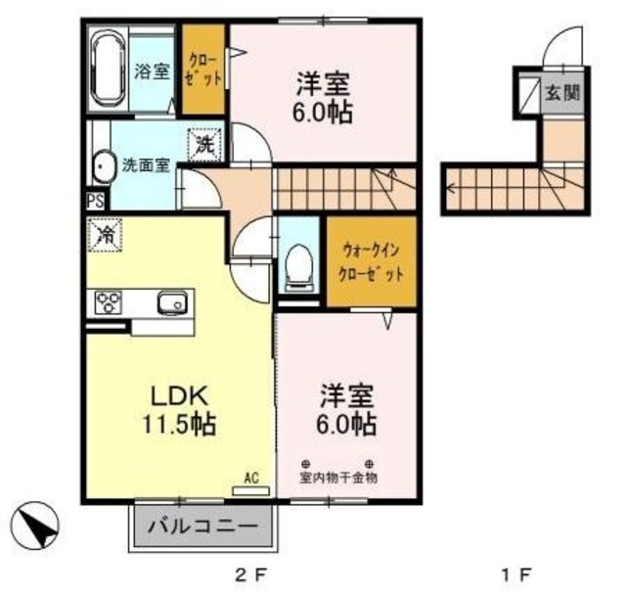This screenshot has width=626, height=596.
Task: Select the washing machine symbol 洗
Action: tap(203, 145)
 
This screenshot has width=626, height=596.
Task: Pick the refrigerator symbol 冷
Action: tap(105, 235)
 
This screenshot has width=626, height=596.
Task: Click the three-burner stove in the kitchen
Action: tap(109, 302)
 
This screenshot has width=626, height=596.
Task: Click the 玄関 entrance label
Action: tap(561, 95)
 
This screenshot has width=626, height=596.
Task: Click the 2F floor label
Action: tap(249, 574)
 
